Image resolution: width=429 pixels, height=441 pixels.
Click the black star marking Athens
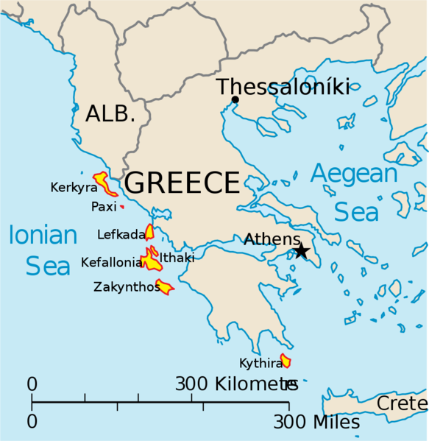click(302, 251)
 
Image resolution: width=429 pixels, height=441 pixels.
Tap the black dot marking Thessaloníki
click(235, 100)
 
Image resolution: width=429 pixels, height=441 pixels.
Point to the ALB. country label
click(110, 114)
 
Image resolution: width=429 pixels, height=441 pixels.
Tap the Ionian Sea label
click(43, 250)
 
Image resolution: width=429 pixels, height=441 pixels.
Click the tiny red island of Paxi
click(122, 208)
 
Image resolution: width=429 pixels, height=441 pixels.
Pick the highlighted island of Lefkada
click(149, 233)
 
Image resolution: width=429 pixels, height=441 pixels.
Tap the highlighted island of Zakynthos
click(164, 288)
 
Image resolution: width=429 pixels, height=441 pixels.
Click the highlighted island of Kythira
click(286, 361)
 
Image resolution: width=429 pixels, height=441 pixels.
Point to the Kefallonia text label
click(112, 262)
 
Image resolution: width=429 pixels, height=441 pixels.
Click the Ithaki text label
click(177, 258)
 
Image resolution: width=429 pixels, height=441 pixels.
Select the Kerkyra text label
click(74, 188)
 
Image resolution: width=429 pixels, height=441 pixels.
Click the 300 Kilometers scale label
click(235, 384)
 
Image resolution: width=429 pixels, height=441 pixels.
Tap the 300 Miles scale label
click(317, 423)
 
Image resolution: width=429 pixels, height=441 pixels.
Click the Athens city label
click(272, 239)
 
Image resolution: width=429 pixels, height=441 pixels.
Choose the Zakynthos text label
click(127, 287)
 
